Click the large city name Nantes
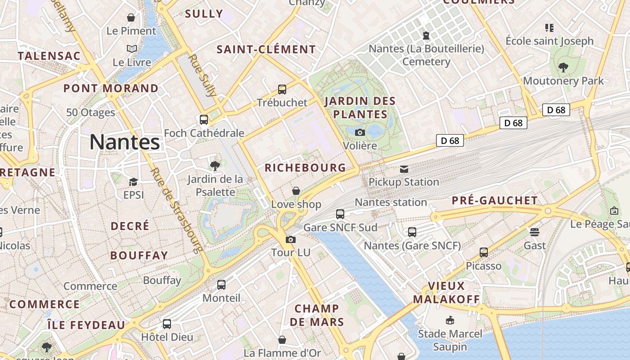pyautogui.click(x=125, y=142)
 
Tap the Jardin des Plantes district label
pyautogui.click(x=360, y=108)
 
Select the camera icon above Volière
pyautogui.click(x=360, y=132)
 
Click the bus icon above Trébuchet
pyautogui.click(x=282, y=90)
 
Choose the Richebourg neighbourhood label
pyautogui.click(x=306, y=168)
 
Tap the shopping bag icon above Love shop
pyautogui.click(x=296, y=191)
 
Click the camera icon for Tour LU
pyautogui.click(x=291, y=239)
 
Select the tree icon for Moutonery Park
pyautogui.click(x=563, y=67)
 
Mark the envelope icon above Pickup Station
pyautogui.click(x=404, y=169)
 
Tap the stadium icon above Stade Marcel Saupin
pyautogui.click(x=450, y=320)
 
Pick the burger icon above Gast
pyautogui.click(x=535, y=232)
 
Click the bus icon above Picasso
pyautogui.click(x=484, y=252)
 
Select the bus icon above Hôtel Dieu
pyautogui.click(x=167, y=324)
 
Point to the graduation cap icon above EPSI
pyautogui.click(x=133, y=182)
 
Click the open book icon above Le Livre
pyautogui.click(x=132, y=49)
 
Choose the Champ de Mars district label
pyautogui.click(x=317, y=315)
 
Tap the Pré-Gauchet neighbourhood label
pyautogui.click(x=495, y=201)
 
